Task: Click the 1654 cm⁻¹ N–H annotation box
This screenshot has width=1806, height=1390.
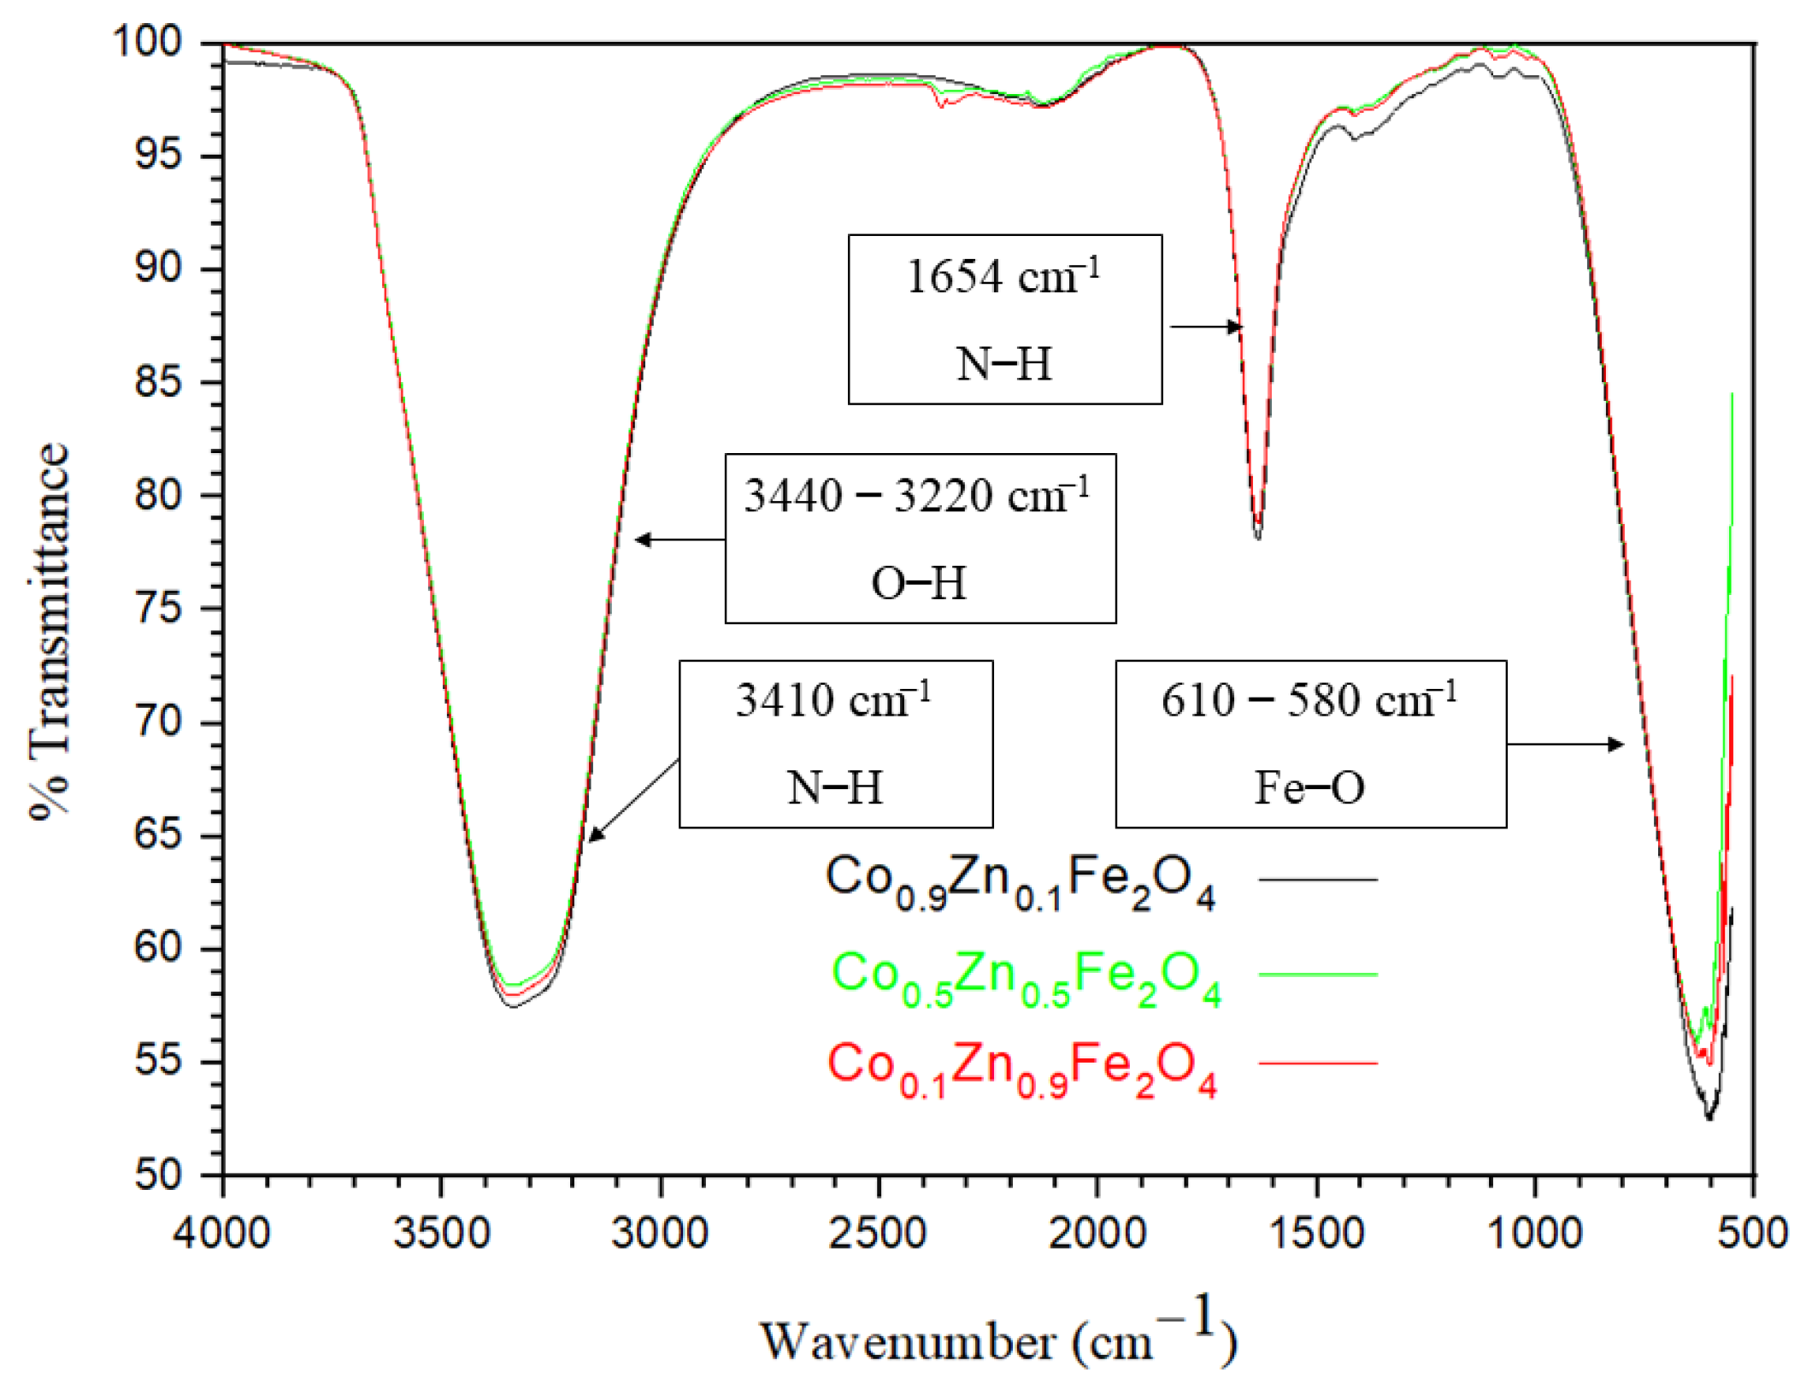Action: pyautogui.click(x=1004, y=319)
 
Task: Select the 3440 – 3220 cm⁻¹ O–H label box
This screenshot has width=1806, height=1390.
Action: pyautogui.click(x=920, y=539)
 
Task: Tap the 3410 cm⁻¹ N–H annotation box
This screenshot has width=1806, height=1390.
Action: pyautogui.click(x=835, y=744)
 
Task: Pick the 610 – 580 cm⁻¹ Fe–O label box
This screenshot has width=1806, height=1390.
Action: pyautogui.click(x=1309, y=744)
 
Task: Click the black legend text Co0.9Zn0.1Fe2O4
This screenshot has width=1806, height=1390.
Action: pyautogui.click(x=1019, y=881)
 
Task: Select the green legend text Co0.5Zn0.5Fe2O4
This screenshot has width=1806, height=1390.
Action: pyautogui.click(x=1025, y=976)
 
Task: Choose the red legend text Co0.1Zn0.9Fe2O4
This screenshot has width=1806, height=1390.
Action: pyautogui.click(x=1021, y=1067)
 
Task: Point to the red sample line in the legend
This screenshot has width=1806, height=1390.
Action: pyautogui.click(x=1317, y=1063)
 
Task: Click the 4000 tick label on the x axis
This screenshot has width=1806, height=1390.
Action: pyautogui.click(x=222, y=1234)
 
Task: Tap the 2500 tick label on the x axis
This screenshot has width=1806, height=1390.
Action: pyautogui.click(x=878, y=1234)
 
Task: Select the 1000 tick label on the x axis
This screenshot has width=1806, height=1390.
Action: pyautogui.click(x=1534, y=1234)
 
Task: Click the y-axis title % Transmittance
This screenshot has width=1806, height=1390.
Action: pyautogui.click(x=49, y=631)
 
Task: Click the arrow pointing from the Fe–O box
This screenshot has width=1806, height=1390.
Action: pyautogui.click(x=1564, y=745)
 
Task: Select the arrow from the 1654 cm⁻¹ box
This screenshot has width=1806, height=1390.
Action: pyautogui.click(x=1205, y=327)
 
